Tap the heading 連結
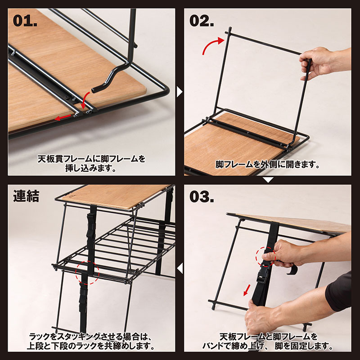click(x=26, y=196)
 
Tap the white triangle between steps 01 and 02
click(x=180, y=92)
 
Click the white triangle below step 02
click(x=268, y=180)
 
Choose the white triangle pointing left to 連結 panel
click(x=180, y=269)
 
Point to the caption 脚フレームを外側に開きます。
click(x=268, y=165)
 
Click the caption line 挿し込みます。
click(x=91, y=168)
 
